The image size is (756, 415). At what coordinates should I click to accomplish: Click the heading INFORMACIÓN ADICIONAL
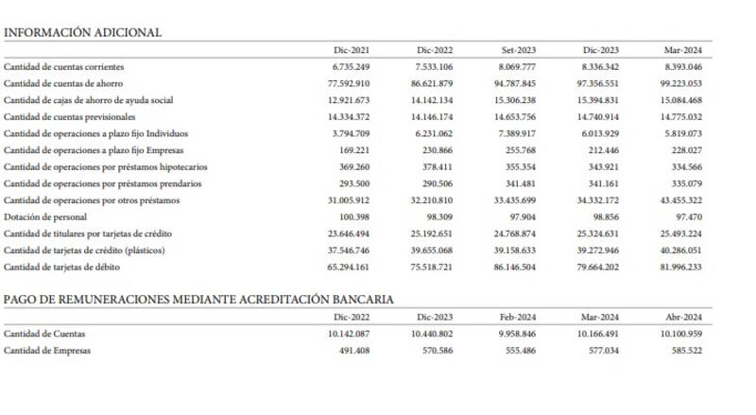(x=82, y=32)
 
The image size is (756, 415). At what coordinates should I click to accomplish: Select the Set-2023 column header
(x=519, y=49)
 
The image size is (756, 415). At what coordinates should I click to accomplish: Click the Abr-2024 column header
(x=684, y=318)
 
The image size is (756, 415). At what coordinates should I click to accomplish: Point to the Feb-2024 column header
(x=519, y=318)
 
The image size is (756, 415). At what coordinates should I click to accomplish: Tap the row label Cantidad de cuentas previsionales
(x=71, y=117)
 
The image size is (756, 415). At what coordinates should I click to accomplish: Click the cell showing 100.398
(x=355, y=217)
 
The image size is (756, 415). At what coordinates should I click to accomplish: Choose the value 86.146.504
(x=516, y=268)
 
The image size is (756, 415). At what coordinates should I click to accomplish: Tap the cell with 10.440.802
(x=432, y=334)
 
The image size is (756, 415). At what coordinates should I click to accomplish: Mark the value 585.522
(x=687, y=351)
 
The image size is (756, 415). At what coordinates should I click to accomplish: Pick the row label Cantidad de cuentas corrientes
(x=63, y=67)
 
